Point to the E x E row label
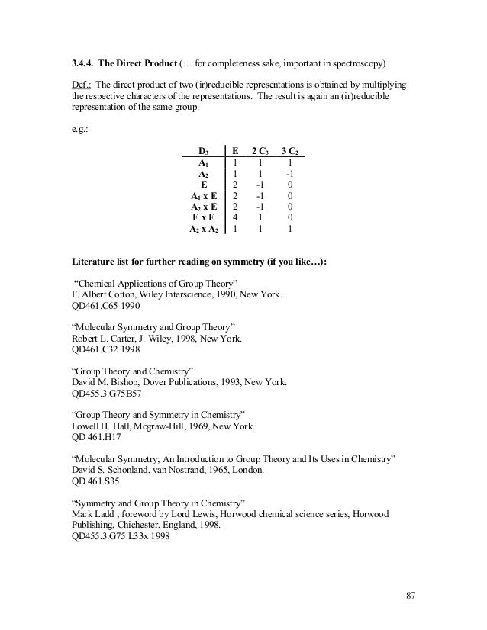pyautogui.click(x=203, y=217)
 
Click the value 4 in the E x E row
pyautogui.click(x=234, y=217)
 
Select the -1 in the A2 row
pyautogui.click(x=289, y=173)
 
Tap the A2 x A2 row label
pyautogui.click(x=203, y=228)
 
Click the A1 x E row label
pyautogui.click(x=203, y=195)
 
